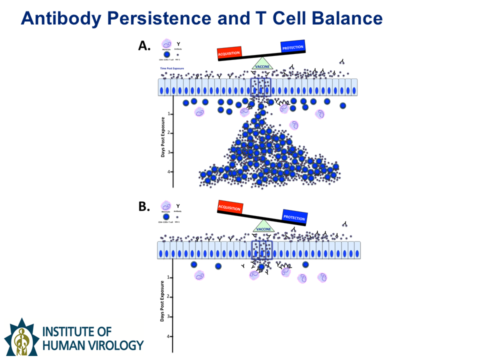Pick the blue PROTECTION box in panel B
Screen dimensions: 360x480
pyautogui.click(x=294, y=217)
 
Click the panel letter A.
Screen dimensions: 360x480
pyautogui.click(x=144, y=46)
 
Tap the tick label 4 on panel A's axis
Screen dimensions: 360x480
pyautogui.click(x=169, y=171)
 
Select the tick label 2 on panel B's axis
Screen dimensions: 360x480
pyautogui.click(x=169, y=296)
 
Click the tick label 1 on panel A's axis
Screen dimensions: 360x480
pyautogui.click(x=169, y=113)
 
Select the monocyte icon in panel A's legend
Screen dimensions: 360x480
pyautogui.click(x=166, y=44)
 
